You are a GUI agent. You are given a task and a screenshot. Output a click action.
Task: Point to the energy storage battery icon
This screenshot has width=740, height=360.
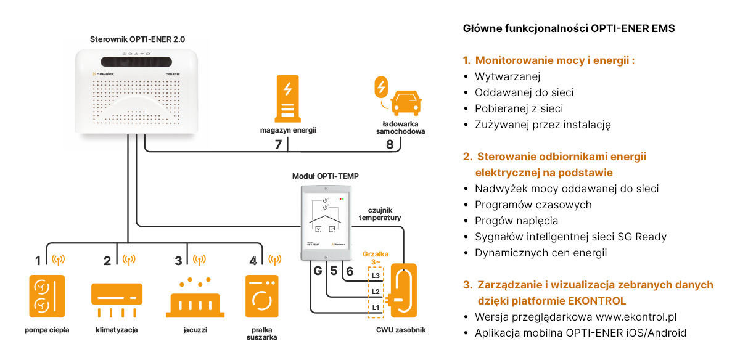[287, 98]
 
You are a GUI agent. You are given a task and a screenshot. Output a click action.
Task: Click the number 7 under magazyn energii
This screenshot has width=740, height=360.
[278, 145]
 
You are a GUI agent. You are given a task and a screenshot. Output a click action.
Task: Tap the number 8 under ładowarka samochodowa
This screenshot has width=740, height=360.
[389, 145]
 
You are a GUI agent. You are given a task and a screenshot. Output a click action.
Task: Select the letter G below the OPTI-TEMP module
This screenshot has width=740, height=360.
[318, 271]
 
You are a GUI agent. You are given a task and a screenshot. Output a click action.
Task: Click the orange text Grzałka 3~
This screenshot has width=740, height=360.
[375, 258]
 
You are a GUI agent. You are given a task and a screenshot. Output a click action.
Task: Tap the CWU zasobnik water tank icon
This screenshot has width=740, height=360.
[404, 290]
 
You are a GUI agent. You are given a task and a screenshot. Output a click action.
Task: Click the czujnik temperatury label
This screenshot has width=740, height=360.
[380, 214]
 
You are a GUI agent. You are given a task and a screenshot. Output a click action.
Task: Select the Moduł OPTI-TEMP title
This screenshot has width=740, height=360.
[325, 176]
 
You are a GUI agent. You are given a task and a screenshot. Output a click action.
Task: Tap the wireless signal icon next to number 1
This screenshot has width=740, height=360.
[59, 260]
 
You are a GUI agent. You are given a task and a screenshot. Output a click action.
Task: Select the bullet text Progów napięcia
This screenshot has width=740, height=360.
[516, 221]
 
